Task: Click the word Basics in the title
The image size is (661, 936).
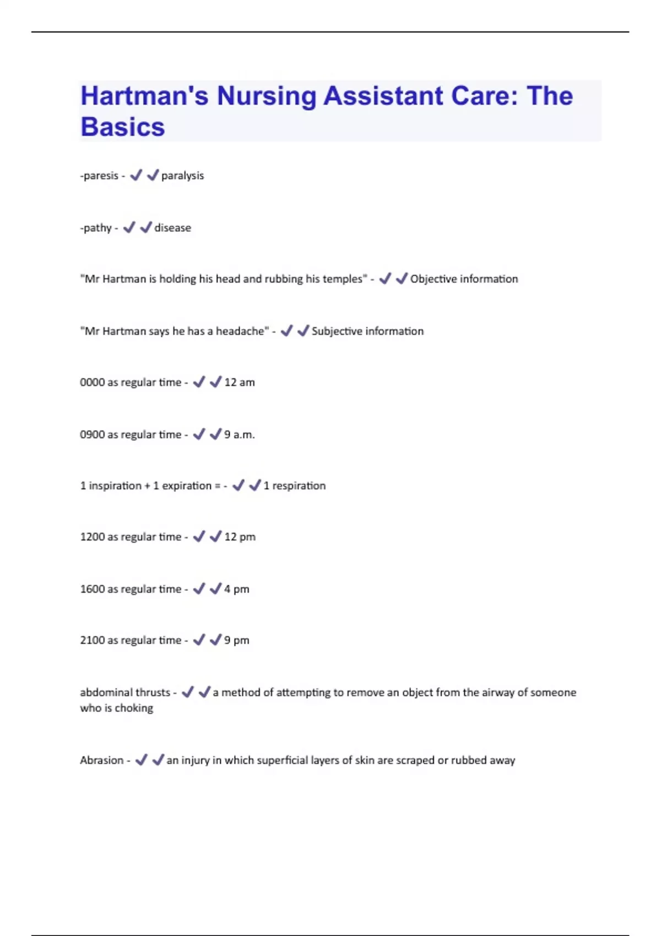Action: click(122, 127)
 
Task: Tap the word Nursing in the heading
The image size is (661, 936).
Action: click(266, 96)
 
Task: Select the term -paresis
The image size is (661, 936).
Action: click(99, 176)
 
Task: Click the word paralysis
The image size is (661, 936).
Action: click(182, 176)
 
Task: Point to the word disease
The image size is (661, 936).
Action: click(172, 228)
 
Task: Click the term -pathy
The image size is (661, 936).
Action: click(96, 228)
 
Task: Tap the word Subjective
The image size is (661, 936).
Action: click(337, 331)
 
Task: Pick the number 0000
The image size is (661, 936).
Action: click(92, 383)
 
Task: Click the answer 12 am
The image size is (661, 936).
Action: click(240, 383)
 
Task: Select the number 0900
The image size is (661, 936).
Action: click(92, 434)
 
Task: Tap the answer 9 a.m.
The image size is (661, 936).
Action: click(240, 434)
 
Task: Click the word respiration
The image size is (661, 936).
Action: click(299, 486)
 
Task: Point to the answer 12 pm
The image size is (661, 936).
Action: click(240, 537)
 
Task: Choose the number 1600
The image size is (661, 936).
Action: click(92, 589)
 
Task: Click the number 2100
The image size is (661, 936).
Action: click(92, 640)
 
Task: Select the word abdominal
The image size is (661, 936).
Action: click(102, 692)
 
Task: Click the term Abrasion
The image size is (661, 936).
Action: click(102, 760)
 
